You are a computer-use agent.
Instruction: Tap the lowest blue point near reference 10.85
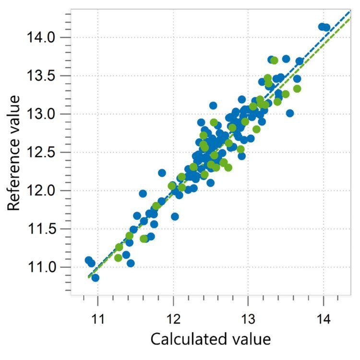95,277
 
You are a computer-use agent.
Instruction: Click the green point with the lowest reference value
118,258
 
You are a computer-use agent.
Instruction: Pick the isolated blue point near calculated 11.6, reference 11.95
143,193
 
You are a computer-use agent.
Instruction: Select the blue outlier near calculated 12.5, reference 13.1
213,106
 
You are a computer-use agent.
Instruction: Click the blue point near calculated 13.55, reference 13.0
289,113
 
